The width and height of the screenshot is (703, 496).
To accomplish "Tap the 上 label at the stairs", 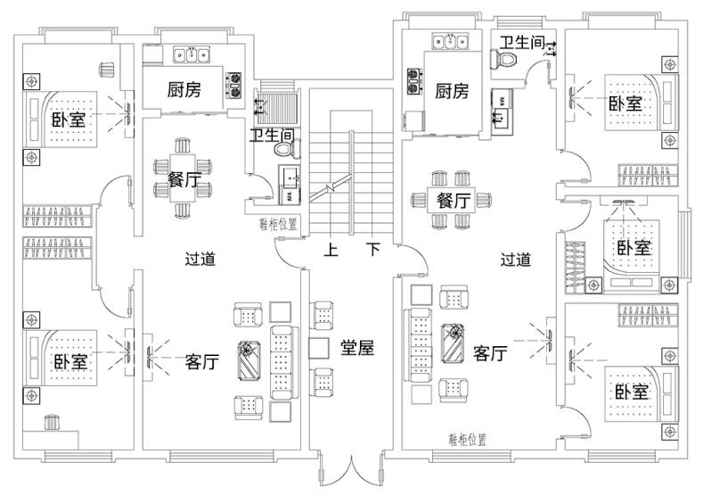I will pos(331,251).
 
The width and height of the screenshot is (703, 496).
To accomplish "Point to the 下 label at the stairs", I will pos(375,251).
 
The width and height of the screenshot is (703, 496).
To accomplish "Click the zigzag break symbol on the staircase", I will pos(331,188).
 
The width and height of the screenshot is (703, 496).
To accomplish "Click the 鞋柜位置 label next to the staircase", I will pos(278,224).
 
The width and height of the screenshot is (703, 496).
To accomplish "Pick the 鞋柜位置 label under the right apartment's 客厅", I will pos(467,440).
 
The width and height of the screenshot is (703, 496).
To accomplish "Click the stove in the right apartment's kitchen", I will pos(416,81).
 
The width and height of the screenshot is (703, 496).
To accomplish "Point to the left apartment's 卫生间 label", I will pos(272,136).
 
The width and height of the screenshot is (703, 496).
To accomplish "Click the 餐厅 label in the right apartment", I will pos(454,201).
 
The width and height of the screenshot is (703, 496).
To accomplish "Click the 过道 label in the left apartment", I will pos(200,260).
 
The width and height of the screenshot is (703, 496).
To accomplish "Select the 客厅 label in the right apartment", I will pos(490,353).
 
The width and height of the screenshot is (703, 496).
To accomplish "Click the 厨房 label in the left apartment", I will pos(184,89).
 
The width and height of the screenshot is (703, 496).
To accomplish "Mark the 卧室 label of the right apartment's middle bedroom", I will pos(634,248).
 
